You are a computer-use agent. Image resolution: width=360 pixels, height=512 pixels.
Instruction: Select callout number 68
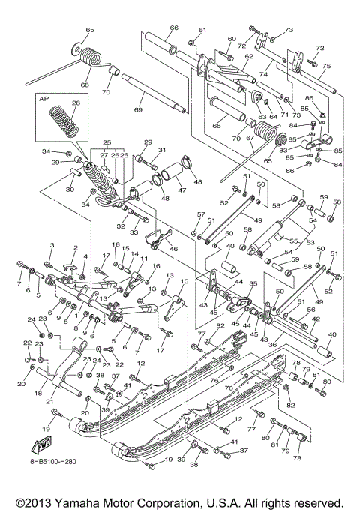click(x=85, y=85)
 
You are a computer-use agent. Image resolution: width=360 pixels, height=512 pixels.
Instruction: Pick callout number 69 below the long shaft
click(x=137, y=110)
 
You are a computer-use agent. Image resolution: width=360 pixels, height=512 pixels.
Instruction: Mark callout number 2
click(x=75, y=248)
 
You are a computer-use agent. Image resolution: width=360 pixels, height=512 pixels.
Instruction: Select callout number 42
click(x=315, y=319)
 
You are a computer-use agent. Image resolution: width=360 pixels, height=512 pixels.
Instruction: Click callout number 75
click(x=326, y=66)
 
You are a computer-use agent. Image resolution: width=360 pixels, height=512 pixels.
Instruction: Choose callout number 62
click(x=248, y=56)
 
